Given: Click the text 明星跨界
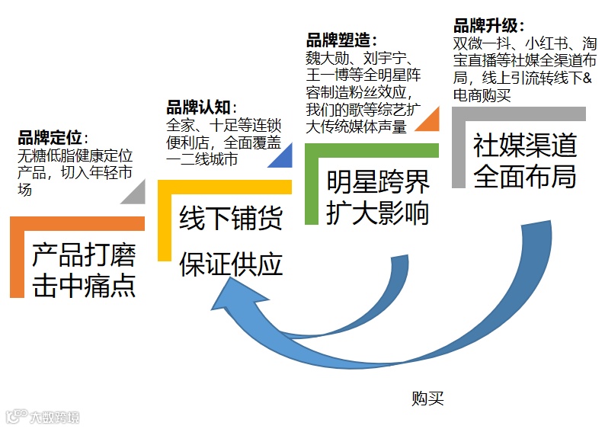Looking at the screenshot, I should (378, 183).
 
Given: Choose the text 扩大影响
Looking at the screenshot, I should (378, 213).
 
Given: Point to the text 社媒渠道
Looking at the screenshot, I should (524, 145).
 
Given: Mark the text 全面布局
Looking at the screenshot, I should (524, 176).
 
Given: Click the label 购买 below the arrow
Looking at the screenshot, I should (427, 398).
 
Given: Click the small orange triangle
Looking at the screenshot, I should (427, 121).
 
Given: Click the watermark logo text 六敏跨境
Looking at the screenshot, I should (53, 417).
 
